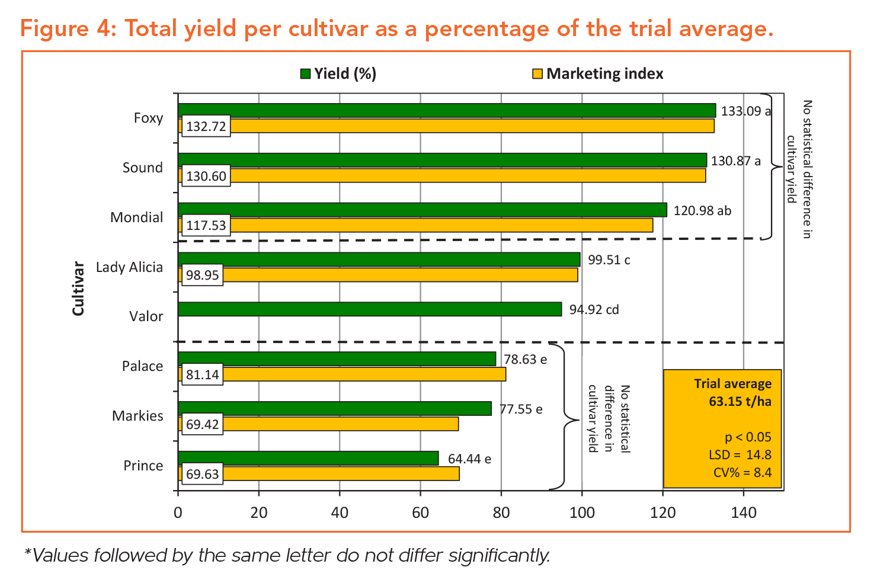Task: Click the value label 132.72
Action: pos(206,127)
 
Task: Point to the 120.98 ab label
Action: pos(702,211)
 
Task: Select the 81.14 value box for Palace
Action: pos(202,375)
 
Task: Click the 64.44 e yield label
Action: pos(469,459)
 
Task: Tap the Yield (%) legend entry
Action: pos(338,74)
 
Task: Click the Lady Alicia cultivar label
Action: pos(129,267)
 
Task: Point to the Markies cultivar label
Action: pos(137,416)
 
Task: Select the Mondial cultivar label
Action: pos(136,217)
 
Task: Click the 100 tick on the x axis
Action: pos(582,512)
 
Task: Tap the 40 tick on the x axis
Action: pos(340,512)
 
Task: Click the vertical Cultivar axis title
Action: pos(78,289)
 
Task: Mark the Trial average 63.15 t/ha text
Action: pos(733,392)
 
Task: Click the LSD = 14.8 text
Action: pos(740,455)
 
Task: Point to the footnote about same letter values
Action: pos(287,556)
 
